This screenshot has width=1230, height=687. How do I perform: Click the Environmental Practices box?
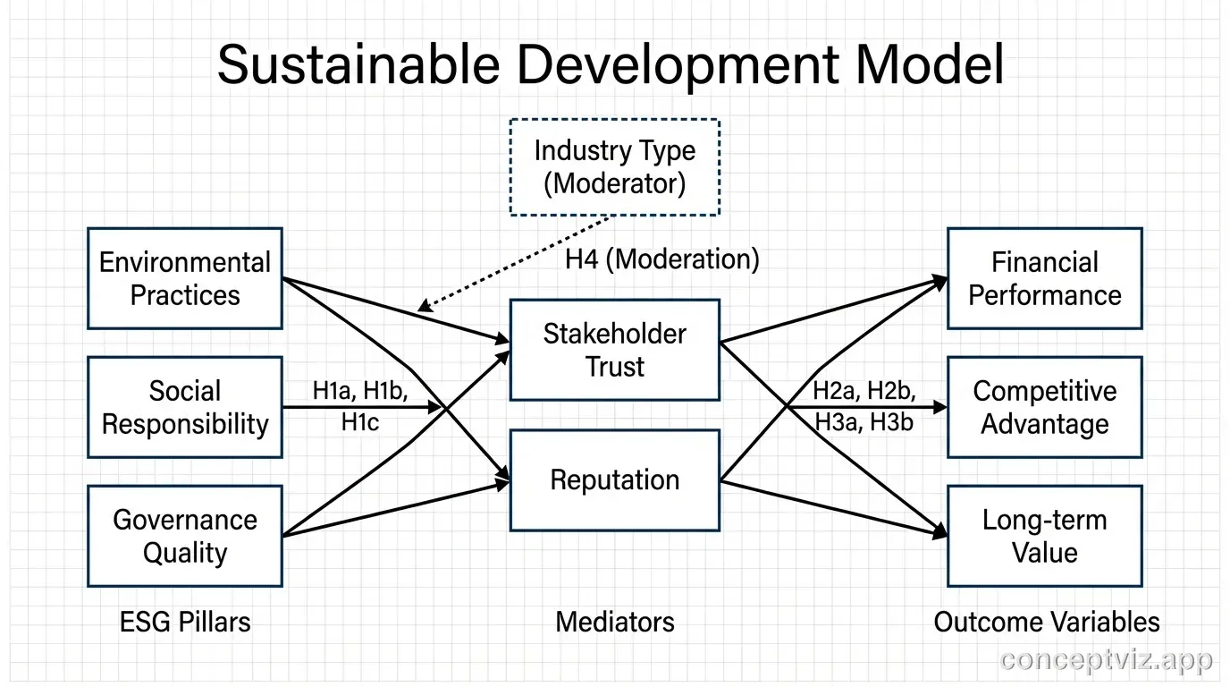click(x=185, y=278)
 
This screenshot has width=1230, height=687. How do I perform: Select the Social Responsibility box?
click(x=185, y=407)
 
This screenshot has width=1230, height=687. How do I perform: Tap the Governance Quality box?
click(x=185, y=536)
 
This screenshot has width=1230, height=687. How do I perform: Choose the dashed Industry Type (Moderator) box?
click(x=615, y=167)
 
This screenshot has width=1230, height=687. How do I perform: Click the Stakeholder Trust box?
click(x=615, y=350)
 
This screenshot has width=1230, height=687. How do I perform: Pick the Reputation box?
click(x=615, y=480)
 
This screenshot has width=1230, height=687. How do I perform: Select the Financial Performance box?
click(x=1045, y=278)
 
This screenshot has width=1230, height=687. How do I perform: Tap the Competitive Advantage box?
click(x=1045, y=407)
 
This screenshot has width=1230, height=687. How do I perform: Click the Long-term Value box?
click(x=1045, y=536)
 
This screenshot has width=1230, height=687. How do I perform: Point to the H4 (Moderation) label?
click(x=662, y=259)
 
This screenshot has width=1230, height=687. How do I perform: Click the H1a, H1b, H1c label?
click(x=359, y=406)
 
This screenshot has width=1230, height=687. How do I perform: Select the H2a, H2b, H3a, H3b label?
click(x=864, y=406)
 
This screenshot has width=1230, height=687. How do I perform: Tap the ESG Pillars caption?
click(x=185, y=622)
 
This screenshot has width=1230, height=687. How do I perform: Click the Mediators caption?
click(x=615, y=622)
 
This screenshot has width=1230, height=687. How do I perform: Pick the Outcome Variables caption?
click(x=1047, y=622)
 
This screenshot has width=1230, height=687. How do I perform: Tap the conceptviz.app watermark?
click(x=1107, y=660)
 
